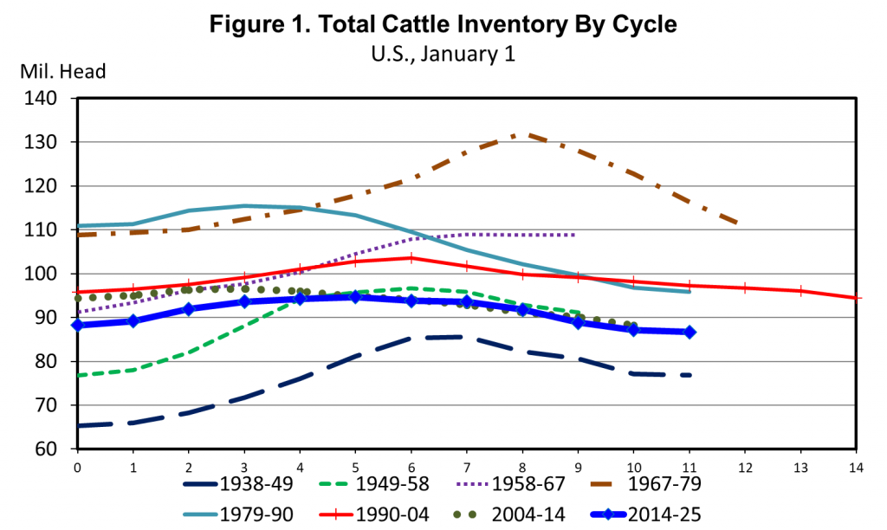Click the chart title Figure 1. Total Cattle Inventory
tap(443, 25)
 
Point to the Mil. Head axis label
tap(62, 72)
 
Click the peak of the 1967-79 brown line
tap(522, 134)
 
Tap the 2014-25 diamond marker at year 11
tap(690, 332)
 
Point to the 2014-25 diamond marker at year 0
tap(78, 326)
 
